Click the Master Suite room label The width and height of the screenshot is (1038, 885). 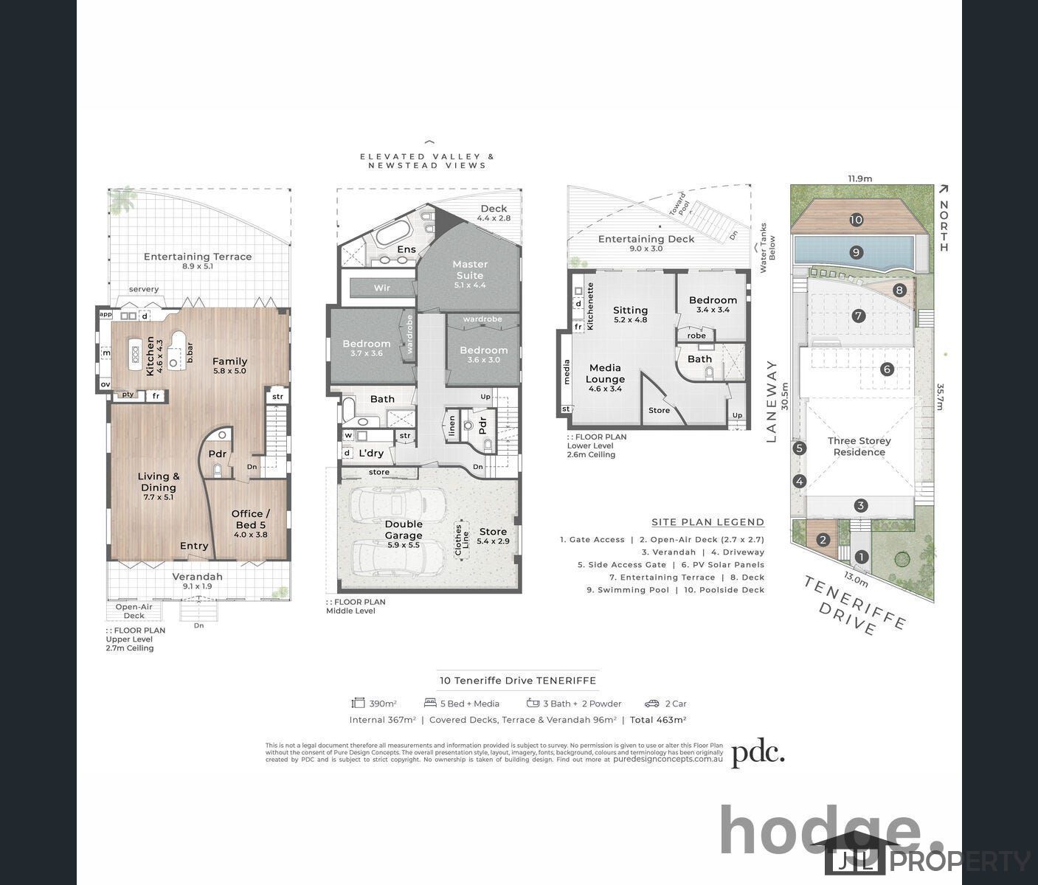point(470,270)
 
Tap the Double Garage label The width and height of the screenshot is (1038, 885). point(404,530)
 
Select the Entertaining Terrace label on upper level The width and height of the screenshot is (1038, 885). point(198,257)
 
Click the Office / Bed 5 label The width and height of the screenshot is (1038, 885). point(250,519)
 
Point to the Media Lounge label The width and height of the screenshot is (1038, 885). point(605,373)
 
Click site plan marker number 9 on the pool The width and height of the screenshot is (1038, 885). point(856,252)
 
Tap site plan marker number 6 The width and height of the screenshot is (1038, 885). point(887,369)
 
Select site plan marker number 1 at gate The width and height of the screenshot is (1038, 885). point(861,558)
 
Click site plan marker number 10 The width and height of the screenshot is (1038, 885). point(856,219)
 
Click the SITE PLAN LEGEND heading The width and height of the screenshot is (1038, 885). point(707,522)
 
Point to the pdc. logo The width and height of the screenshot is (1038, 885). point(758,753)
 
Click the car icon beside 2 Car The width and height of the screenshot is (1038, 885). point(651,704)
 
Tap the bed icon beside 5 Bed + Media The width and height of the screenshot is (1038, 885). point(430,704)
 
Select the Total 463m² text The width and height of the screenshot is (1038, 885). point(658,720)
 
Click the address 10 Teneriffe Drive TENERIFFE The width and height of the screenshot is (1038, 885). point(518,681)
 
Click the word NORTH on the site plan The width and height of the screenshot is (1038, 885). point(944,226)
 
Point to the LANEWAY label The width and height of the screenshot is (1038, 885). point(772,401)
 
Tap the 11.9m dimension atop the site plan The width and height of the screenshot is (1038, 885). point(859,178)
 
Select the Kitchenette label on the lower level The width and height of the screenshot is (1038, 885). point(590,305)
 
